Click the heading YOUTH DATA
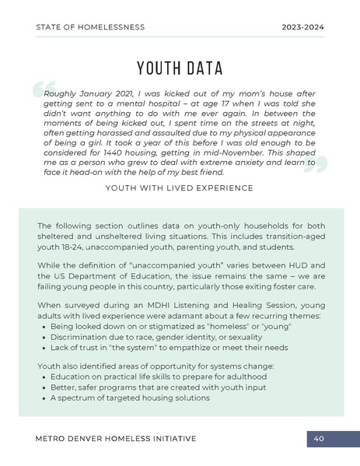[180, 67]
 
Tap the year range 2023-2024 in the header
[302, 27]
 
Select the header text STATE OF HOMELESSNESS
[90, 27]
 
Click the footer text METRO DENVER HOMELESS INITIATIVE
[116, 439]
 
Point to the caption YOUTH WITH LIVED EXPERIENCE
[180, 188]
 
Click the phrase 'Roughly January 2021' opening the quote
[82, 90]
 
